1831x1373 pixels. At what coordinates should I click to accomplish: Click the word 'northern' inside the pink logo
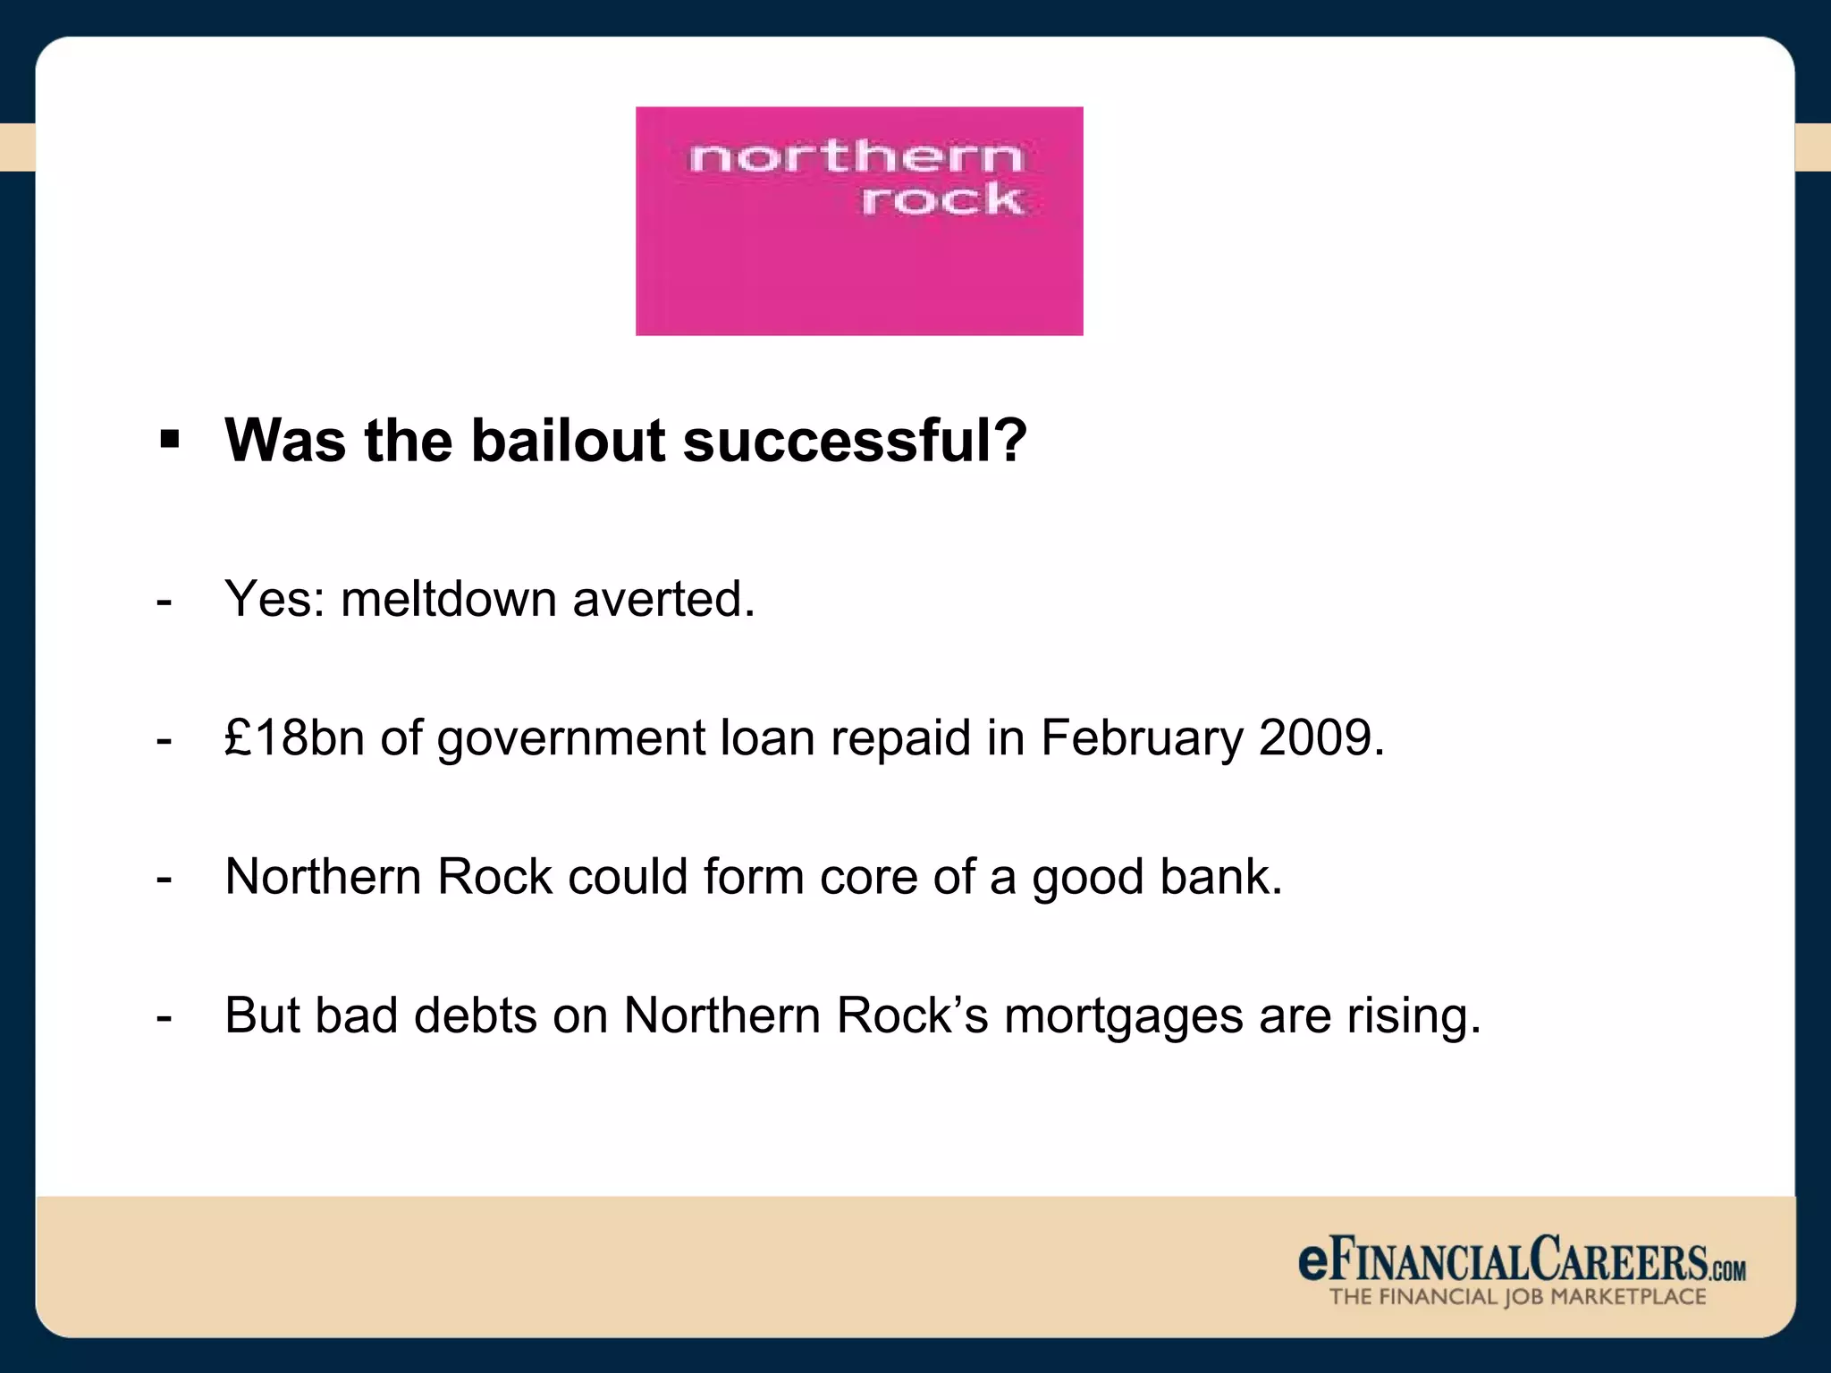[x=855, y=159]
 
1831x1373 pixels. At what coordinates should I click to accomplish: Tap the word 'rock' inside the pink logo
[x=941, y=199]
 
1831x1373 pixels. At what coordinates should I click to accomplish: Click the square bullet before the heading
[x=169, y=440]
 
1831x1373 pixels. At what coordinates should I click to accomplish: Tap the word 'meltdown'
[x=449, y=598]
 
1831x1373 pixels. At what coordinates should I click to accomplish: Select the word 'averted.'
[x=664, y=598]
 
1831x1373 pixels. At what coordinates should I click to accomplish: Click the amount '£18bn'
[x=295, y=737]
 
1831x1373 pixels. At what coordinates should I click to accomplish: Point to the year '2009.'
[x=1321, y=737]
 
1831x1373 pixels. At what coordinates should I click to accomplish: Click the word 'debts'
[x=476, y=1015]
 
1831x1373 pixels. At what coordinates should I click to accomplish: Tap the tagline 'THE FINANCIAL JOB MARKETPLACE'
[x=1517, y=1297]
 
